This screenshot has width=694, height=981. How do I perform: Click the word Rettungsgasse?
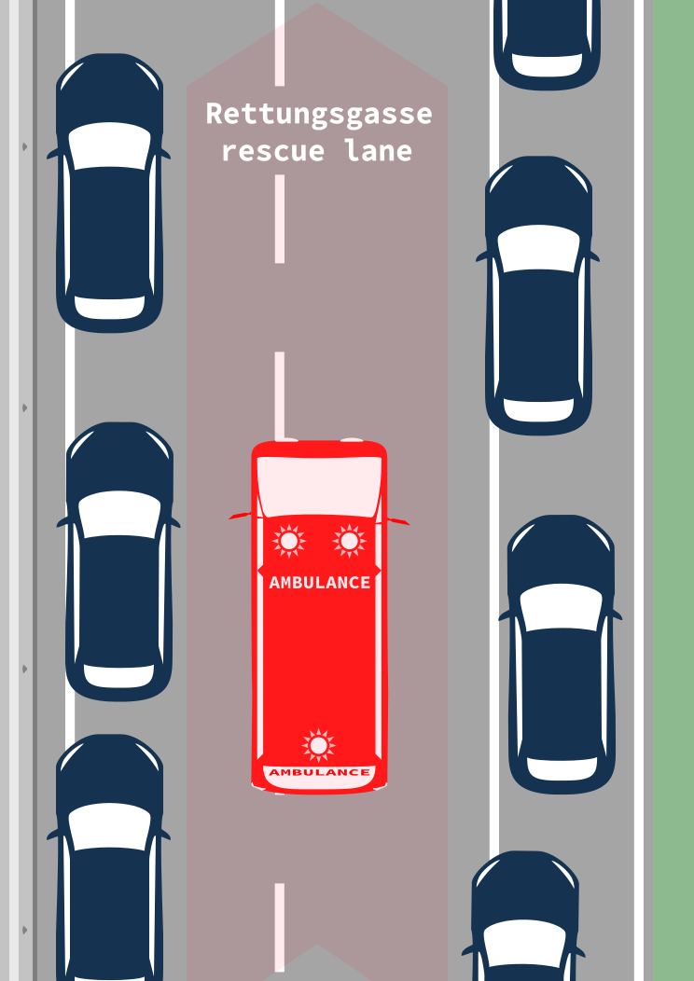(x=319, y=115)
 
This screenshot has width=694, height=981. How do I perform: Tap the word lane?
(x=379, y=150)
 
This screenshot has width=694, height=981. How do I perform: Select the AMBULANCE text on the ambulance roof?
(x=319, y=583)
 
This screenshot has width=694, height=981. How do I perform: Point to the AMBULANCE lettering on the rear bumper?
(x=319, y=772)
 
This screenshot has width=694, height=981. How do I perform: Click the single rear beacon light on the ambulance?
(x=319, y=745)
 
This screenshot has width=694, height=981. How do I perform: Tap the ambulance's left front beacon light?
(x=288, y=540)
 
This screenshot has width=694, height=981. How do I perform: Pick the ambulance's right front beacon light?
(x=349, y=540)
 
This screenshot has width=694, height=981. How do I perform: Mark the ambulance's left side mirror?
(x=240, y=515)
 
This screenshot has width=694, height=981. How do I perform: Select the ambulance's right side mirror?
(x=399, y=520)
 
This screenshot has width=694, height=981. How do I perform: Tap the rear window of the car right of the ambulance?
(x=562, y=767)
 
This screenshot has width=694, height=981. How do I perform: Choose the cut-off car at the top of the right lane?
(x=547, y=42)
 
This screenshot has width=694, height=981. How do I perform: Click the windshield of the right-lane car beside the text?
(x=538, y=248)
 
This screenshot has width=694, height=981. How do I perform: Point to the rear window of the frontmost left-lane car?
(x=110, y=307)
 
